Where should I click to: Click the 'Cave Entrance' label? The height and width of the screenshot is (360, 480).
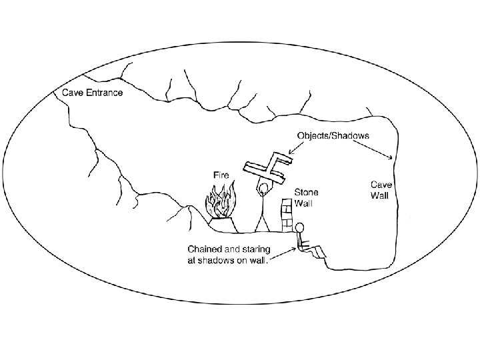click(93, 93)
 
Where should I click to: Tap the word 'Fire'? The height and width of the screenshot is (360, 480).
click(221, 175)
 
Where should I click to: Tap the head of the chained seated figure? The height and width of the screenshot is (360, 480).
click(301, 227)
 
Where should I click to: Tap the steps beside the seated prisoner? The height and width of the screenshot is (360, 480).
click(319, 252)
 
